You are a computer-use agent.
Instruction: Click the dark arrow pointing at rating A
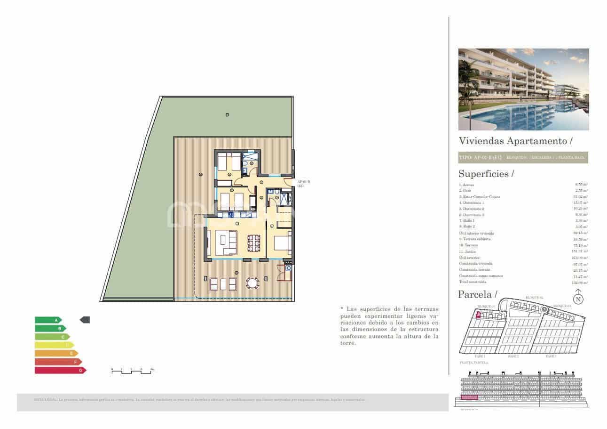coord(85,320)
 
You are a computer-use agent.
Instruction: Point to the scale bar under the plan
coord(132,372)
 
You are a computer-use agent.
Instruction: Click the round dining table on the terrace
coord(253,283)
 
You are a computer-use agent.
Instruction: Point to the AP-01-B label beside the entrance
coord(304,184)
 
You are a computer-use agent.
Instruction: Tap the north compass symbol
coord(578,299)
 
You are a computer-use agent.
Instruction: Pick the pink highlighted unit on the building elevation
coord(469,398)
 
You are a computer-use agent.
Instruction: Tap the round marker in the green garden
coord(228,115)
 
